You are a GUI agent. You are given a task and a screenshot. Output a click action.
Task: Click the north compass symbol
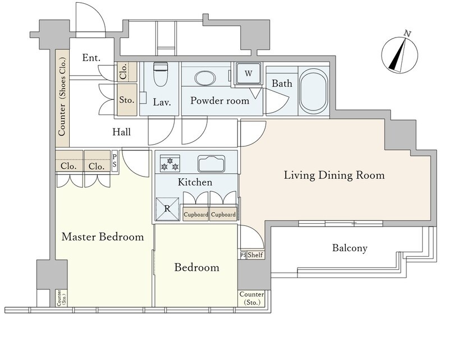pyautogui.click(x=400, y=54)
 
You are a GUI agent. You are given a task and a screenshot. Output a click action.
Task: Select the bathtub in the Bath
pyautogui.click(x=313, y=91)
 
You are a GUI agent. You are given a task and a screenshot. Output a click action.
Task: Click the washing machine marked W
pyautogui.click(x=248, y=73)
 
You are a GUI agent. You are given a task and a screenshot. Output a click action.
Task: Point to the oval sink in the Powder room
pyautogui.click(x=205, y=78)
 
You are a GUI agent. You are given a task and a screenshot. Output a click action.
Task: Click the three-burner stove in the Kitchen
pyautogui.click(x=170, y=163)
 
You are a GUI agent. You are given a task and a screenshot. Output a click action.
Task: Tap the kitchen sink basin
pyautogui.click(x=212, y=163)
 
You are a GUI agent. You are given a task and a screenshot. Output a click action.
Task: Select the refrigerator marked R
pyautogui.click(x=167, y=209)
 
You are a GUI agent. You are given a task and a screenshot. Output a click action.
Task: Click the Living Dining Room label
pyautogui.click(x=334, y=175)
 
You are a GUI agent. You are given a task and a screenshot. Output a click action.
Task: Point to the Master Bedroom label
pyautogui.click(x=103, y=237)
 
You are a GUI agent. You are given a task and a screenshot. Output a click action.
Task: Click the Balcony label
pyautogui.click(x=350, y=248)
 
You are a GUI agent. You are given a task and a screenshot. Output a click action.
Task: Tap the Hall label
pyautogui.click(x=122, y=132)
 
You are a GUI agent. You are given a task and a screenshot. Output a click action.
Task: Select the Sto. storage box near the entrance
pyautogui.click(x=127, y=100)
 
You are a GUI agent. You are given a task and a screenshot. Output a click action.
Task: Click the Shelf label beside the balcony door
pyautogui.click(x=255, y=255)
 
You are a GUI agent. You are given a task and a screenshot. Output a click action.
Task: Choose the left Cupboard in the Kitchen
pyautogui.click(x=196, y=214)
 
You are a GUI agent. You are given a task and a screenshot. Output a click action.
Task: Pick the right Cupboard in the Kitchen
pyautogui.click(x=223, y=214)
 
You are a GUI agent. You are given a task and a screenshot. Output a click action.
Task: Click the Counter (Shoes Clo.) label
pyautogui.click(x=62, y=96)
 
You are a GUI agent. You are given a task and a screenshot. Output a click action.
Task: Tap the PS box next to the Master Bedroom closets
pyautogui.click(x=115, y=161)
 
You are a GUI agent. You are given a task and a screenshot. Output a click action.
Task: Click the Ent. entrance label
pyautogui.click(x=91, y=58)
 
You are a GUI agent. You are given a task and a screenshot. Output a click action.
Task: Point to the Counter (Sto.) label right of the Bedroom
pyautogui.click(x=251, y=298)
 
